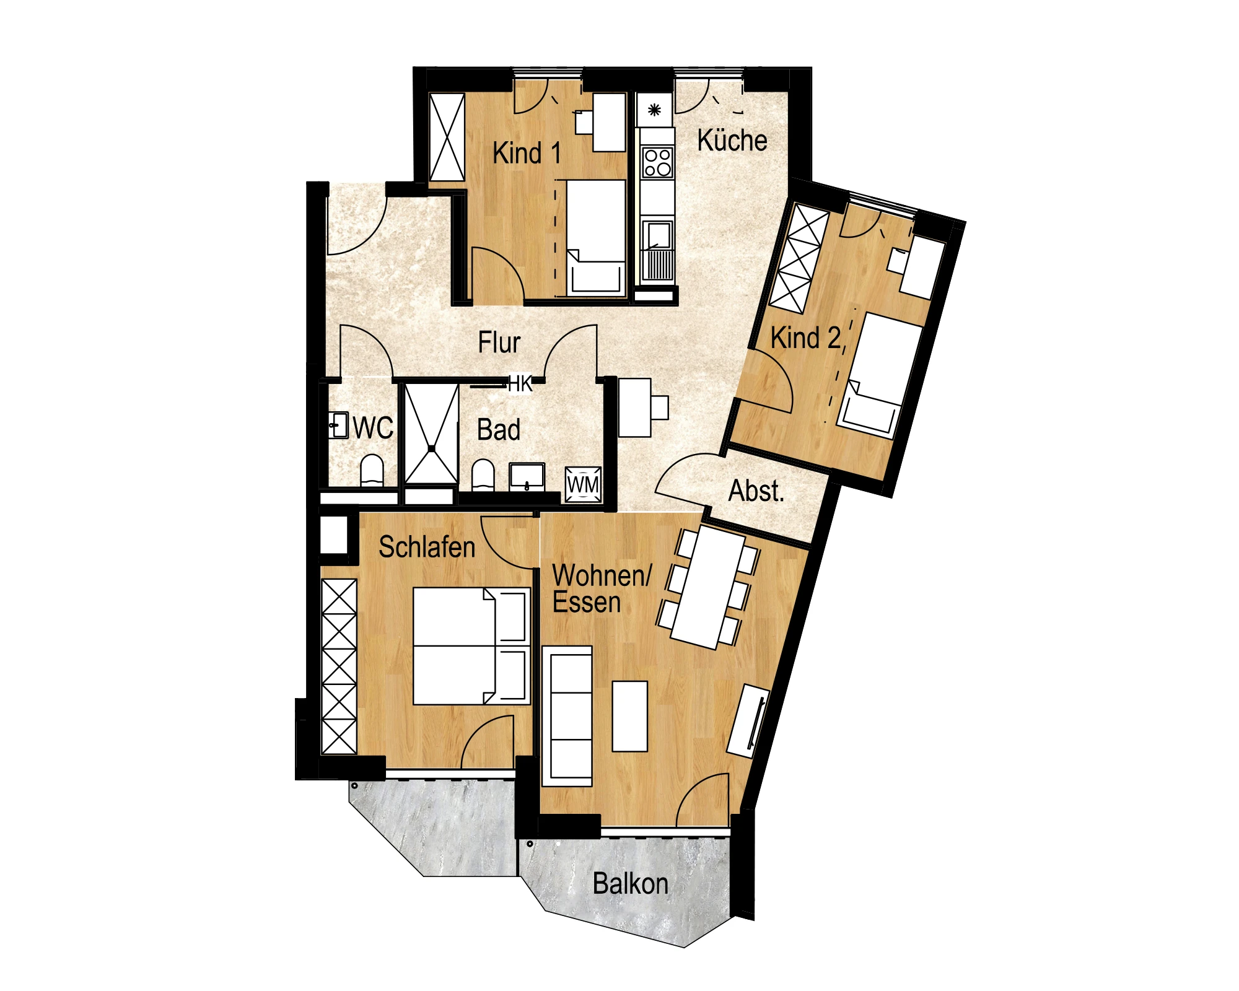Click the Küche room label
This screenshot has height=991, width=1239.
(x=732, y=141)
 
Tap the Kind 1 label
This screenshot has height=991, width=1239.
(x=527, y=153)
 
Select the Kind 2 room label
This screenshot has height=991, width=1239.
(x=806, y=338)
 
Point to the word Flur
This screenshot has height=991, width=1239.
(x=499, y=343)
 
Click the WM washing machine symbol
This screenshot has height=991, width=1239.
(x=583, y=484)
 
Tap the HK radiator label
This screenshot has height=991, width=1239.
(x=520, y=384)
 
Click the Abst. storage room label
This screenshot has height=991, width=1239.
(x=756, y=491)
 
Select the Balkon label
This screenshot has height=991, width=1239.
(x=630, y=884)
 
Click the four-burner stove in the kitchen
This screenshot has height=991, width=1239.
(x=657, y=162)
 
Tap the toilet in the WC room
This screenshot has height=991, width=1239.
(x=372, y=471)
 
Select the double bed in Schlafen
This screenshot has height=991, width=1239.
(x=471, y=646)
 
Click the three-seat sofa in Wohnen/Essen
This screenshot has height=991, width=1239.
(x=567, y=716)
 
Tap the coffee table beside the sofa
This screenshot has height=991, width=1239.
(x=629, y=716)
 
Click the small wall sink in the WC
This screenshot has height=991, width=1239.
(x=338, y=426)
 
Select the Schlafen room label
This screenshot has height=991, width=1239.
(x=427, y=547)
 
